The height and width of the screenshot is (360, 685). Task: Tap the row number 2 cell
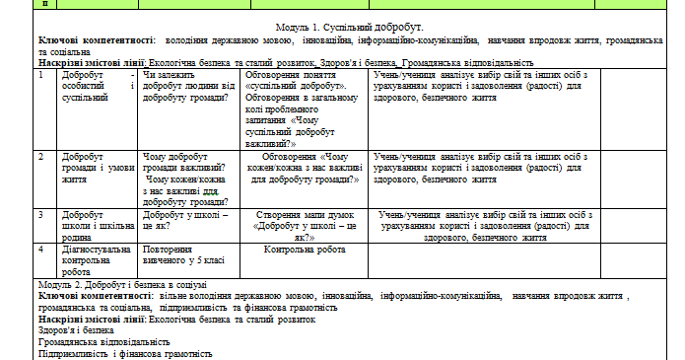pos(40,156)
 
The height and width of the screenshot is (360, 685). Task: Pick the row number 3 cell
pos(40,214)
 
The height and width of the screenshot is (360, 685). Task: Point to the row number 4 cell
pos(40,249)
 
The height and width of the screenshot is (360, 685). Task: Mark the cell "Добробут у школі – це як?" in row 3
pos(187,219)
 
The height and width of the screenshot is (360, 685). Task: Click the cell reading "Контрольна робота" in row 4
pos(302,250)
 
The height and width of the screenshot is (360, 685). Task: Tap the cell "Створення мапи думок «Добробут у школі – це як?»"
pos(302,225)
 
